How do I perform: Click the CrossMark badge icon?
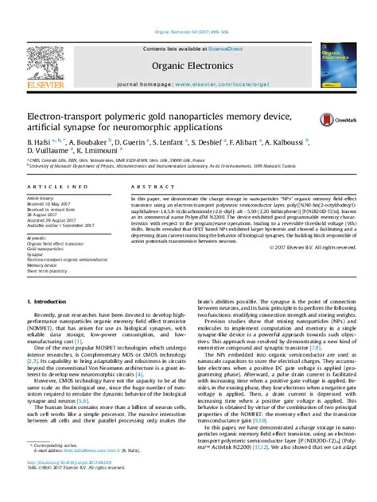[330, 119]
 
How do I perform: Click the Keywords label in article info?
[37, 237]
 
